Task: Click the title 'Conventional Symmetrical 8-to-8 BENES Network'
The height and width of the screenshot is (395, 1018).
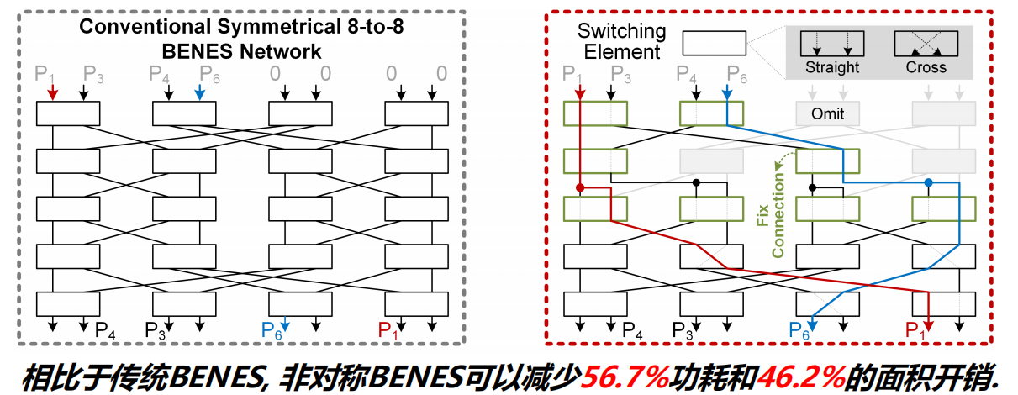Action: pos(241,39)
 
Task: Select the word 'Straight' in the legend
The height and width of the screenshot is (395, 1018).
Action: pos(832,67)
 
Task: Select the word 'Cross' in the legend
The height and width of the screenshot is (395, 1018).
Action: pos(926,67)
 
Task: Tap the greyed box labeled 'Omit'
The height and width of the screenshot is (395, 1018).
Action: pos(826,113)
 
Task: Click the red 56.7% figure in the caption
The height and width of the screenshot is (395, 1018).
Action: pos(626,375)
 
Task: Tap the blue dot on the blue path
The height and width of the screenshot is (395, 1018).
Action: pos(928,182)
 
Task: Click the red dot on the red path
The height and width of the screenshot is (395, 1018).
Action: pos(580,187)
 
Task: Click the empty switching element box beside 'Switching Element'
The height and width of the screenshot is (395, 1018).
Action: pos(714,43)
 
